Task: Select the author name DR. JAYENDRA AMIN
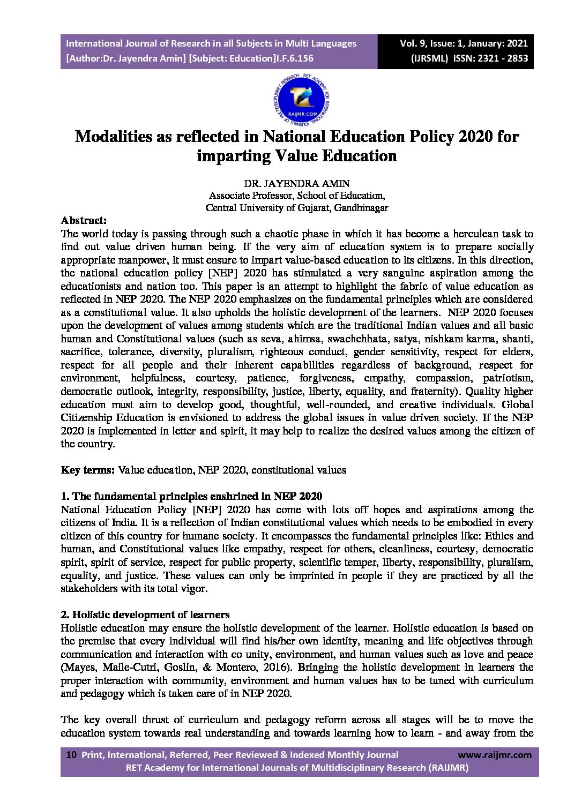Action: pyautogui.click(x=297, y=184)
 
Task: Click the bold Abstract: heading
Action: pyautogui.click(x=84, y=220)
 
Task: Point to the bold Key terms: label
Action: pyautogui.click(x=88, y=470)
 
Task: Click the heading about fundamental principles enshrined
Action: pyautogui.click(x=191, y=496)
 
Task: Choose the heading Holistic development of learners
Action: pyautogui.click(x=145, y=614)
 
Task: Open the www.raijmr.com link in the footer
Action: pyautogui.click(x=495, y=755)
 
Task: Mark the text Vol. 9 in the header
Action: pyautogui.click(x=414, y=43)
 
